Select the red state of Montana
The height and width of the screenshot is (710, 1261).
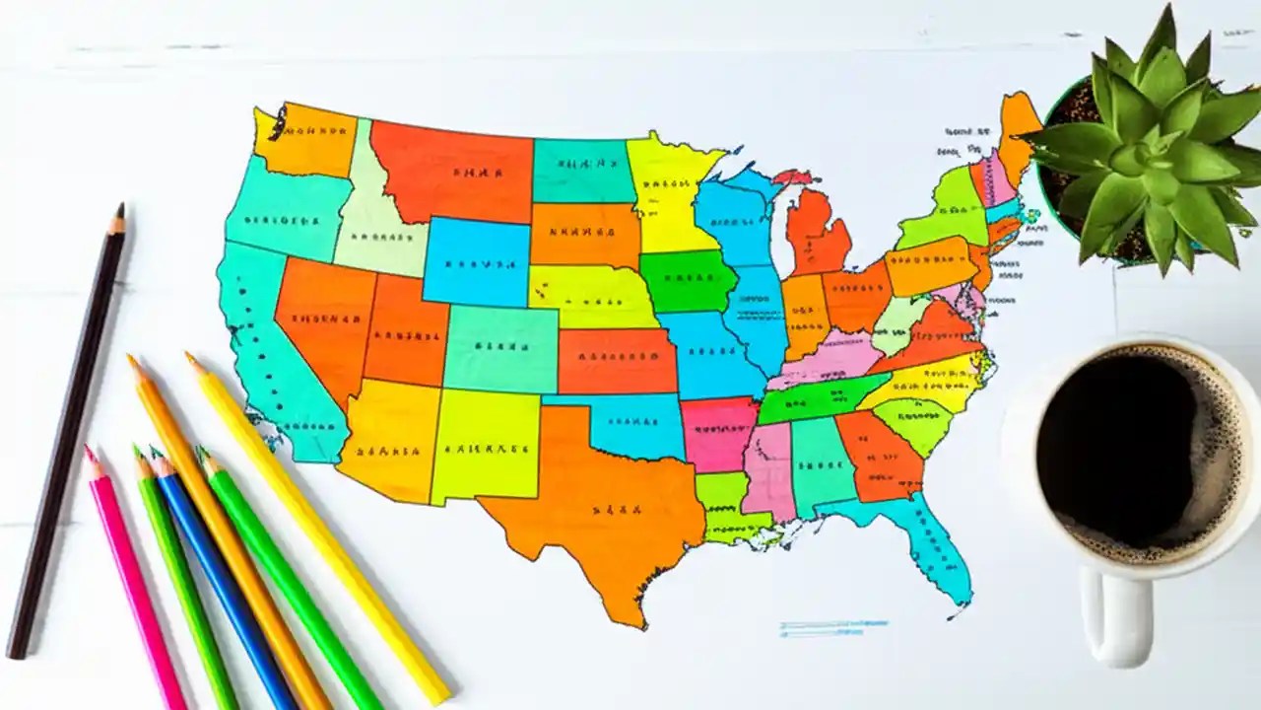click(453, 173)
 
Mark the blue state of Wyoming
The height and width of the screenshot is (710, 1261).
click(477, 261)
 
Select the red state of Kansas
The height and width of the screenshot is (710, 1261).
click(616, 360)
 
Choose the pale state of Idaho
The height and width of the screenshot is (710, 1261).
click(374, 222)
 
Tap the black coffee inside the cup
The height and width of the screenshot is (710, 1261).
click(1133, 444)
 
